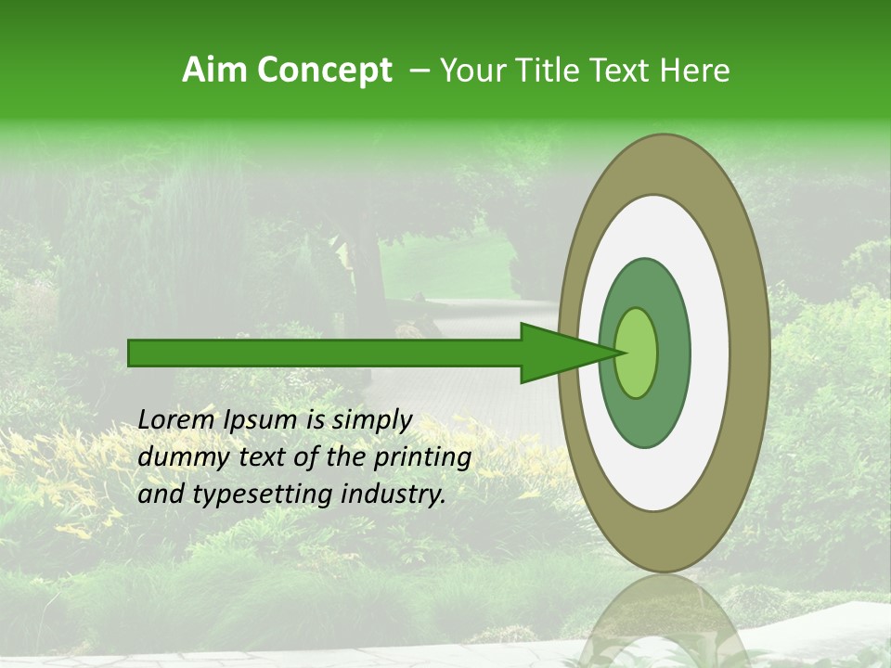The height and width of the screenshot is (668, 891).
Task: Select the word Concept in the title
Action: pyautogui.click(x=326, y=71)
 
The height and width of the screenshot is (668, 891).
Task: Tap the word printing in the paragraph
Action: pyautogui.click(x=423, y=458)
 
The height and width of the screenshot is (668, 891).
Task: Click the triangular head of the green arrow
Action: pyautogui.click(x=557, y=353)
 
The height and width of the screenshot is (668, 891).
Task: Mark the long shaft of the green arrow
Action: pyautogui.click(x=325, y=353)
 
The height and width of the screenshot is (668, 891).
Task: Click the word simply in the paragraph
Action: pyautogui.click(x=371, y=420)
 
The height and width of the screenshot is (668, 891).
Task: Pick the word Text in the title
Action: pyautogui.click(x=618, y=71)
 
